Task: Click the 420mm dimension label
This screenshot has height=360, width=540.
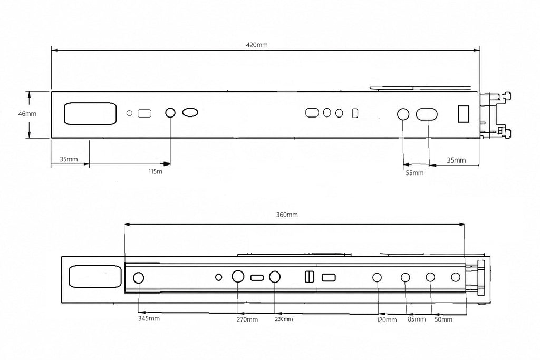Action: tap(257, 45)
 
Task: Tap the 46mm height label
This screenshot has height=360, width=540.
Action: tap(27, 113)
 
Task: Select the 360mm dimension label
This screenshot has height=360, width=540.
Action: tap(287, 215)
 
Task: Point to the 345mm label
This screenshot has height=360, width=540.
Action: tap(149, 318)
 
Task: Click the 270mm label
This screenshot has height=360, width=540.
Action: tap(247, 319)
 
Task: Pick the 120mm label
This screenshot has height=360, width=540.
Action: tap(387, 320)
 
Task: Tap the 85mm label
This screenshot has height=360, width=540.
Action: tap(417, 319)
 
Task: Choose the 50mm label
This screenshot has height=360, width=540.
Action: tap(443, 319)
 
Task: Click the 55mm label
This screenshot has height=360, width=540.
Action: tap(414, 173)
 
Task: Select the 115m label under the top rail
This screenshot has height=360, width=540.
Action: tap(156, 171)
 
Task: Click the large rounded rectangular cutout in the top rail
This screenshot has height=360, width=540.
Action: tap(90, 113)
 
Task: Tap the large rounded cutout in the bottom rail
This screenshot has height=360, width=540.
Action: tap(95, 276)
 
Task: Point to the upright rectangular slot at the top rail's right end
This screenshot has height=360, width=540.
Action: tap(464, 113)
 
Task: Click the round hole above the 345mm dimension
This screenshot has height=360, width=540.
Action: tap(138, 278)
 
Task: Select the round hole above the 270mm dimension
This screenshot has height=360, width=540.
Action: tap(238, 276)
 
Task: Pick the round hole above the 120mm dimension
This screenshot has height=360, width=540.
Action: tap(377, 277)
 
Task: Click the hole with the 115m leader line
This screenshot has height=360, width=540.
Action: tap(170, 113)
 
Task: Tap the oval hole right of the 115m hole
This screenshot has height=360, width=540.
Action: tap(190, 112)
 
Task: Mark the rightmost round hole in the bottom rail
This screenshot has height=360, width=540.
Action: tap(456, 277)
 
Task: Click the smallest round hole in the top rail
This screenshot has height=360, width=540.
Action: tap(130, 113)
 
